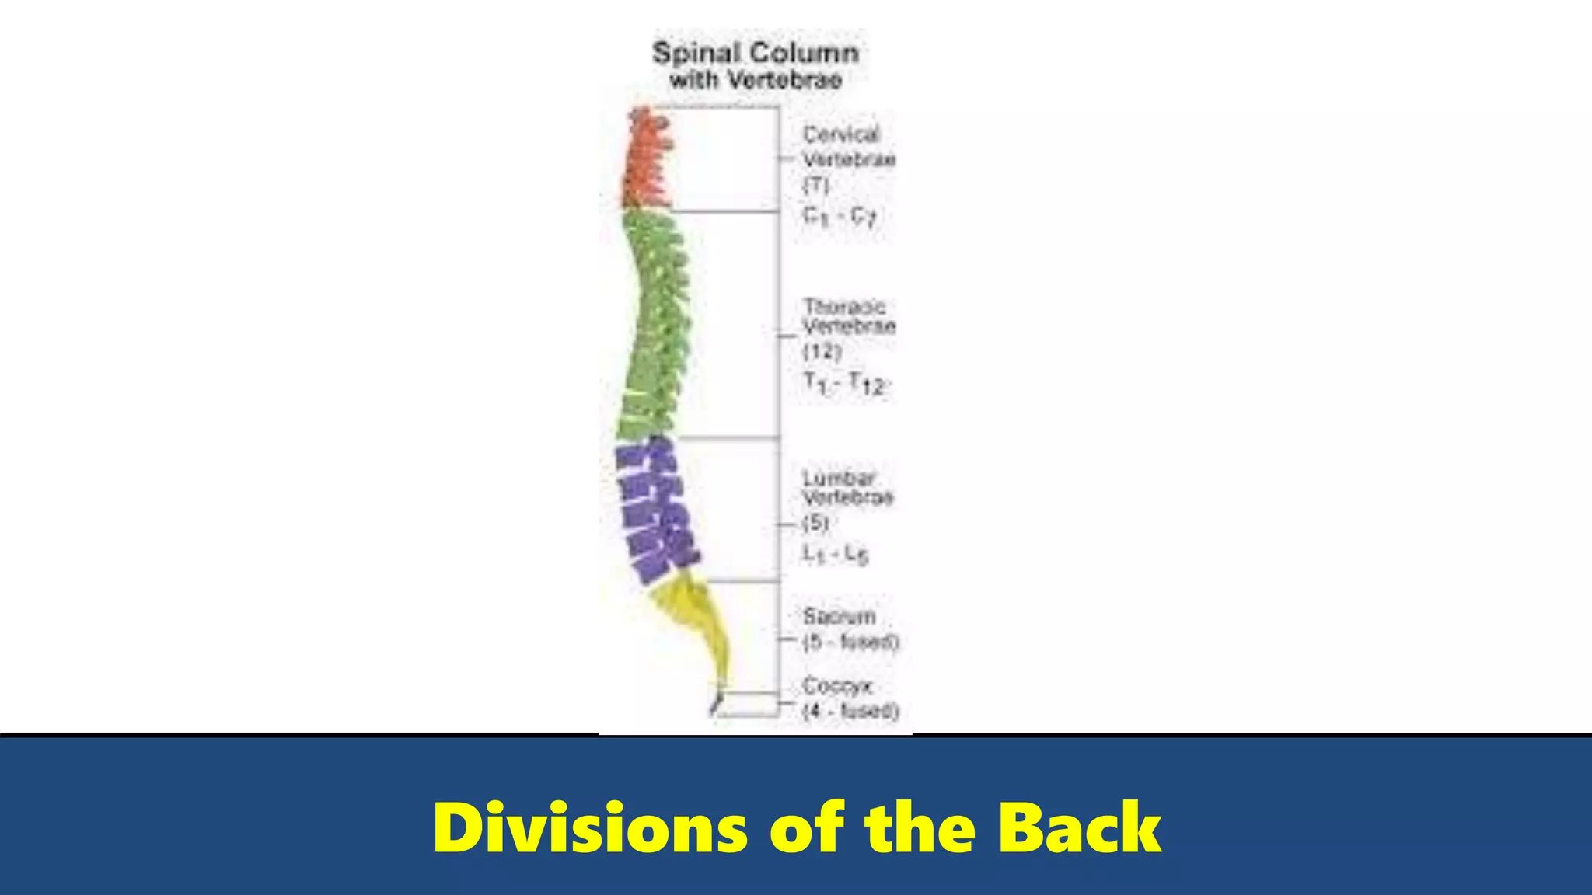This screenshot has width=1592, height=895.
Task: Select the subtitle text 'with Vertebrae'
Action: tap(756, 80)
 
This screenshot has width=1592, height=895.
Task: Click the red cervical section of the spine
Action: tap(647, 159)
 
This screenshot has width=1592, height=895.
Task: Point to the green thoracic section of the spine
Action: tap(655, 326)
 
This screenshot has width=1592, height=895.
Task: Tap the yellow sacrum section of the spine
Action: tap(696, 622)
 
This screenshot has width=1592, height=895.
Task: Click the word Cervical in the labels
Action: tap(841, 134)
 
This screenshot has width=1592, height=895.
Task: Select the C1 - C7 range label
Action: tap(840, 216)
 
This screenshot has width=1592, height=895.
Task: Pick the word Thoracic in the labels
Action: tap(844, 306)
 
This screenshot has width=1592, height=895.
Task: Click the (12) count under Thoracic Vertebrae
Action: tap(822, 352)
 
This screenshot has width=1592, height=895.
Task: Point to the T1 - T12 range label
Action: tap(844, 383)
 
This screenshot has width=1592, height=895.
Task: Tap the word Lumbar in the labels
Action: tap(840, 478)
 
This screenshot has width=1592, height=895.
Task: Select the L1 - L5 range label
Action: tap(836, 554)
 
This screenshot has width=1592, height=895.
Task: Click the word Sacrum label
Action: tap(840, 616)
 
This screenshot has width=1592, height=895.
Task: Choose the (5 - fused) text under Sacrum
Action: tap(850, 643)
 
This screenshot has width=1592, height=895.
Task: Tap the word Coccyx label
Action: tap(838, 686)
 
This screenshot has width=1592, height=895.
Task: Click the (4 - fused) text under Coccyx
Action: tap(850, 711)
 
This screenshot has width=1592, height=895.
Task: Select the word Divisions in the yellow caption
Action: tap(591, 828)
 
